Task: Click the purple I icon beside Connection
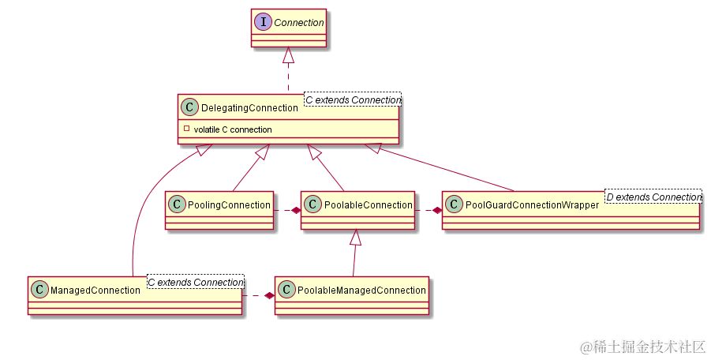263,23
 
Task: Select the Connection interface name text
298,23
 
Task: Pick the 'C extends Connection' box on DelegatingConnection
353,100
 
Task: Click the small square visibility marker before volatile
186,129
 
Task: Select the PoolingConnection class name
229,205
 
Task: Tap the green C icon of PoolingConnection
177,205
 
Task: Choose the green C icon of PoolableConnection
312,205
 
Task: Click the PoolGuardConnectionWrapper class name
532,205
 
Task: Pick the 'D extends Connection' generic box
653,197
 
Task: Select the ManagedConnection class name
95,291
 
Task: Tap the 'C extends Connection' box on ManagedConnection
195,283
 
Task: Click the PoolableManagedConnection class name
361,291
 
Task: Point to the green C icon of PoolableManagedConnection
286,291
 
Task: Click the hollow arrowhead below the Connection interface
289,55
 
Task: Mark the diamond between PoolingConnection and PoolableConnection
295,210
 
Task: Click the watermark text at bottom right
642,347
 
